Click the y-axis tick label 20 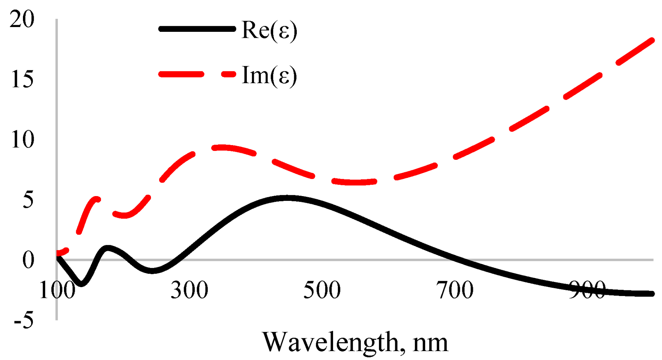22,19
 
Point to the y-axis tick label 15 22,79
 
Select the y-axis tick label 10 22,140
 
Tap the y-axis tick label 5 28,200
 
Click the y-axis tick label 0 28,260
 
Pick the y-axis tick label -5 24,320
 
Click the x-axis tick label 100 57,290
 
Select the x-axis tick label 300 189,290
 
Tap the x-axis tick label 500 322,290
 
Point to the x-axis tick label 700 454,290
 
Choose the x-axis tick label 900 587,290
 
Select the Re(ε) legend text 269,30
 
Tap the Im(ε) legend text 269,75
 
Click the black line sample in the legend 197,29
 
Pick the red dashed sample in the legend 197,74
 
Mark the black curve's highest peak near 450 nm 287,198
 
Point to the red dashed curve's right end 652,39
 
